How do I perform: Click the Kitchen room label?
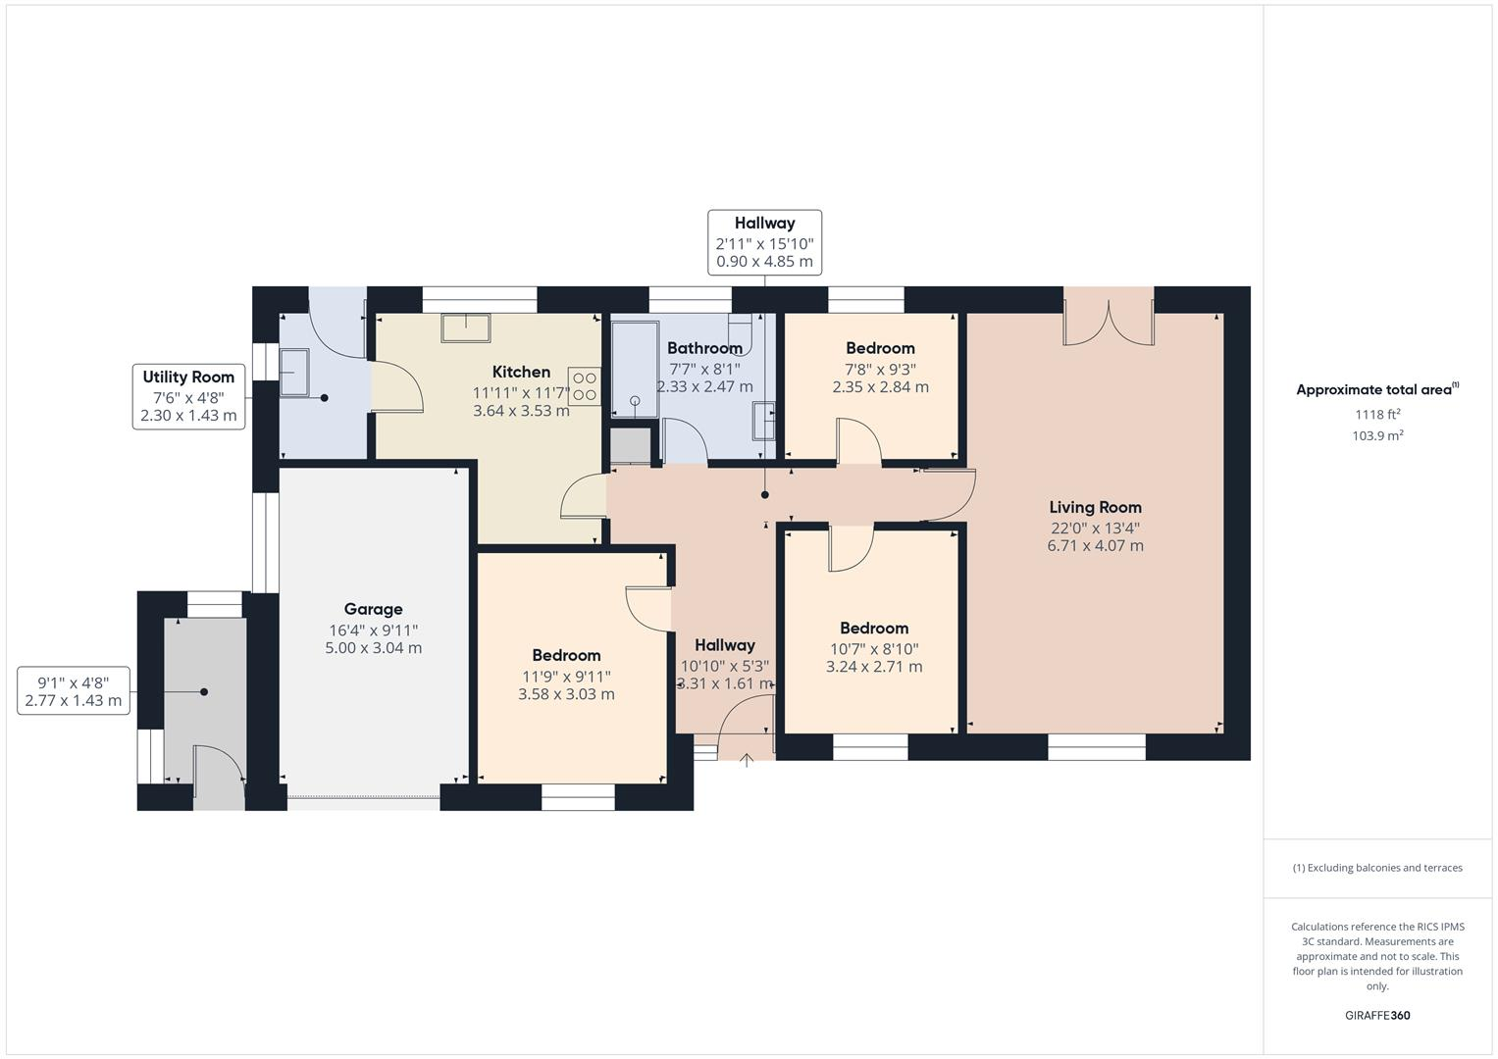[521, 372]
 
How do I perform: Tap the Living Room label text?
[1095, 507]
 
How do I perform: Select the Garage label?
[373, 609]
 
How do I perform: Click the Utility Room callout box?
[188, 396]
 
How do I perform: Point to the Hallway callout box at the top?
[764, 242]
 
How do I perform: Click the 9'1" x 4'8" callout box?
[74, 691]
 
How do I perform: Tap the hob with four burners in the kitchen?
[585, 385]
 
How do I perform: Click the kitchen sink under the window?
[465, 328]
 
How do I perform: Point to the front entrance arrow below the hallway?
[747, 759]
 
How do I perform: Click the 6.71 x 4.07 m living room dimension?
[1095, 546]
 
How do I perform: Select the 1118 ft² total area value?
[1377, 415]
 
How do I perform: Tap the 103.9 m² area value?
[1377, 436]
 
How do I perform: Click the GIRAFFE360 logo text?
[1377, 1016]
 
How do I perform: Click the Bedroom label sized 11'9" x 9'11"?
[566, 655]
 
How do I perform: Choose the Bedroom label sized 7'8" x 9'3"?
[880, 348]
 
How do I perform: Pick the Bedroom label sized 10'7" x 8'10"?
[873, 629]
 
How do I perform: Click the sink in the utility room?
[294, 374]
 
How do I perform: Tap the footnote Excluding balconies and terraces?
[1377, 868]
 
